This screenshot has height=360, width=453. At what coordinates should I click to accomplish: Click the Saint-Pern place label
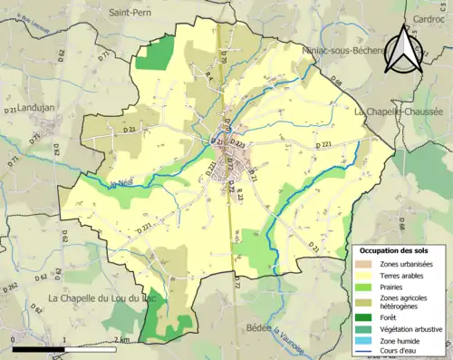(131, 14)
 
